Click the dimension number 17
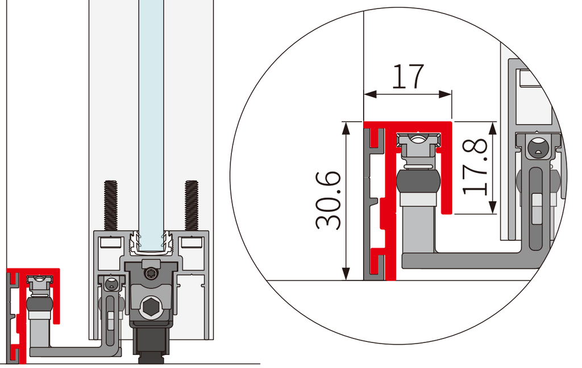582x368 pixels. [408, 77]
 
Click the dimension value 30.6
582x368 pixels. [328, 200]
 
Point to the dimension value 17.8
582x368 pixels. [475, 166]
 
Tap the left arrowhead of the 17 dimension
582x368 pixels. [370, 95]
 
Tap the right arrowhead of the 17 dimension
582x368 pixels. [445, 95]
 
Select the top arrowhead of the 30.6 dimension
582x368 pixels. [346, 128]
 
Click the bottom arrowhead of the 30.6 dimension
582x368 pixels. [346, 273]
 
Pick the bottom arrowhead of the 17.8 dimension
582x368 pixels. [493, 207]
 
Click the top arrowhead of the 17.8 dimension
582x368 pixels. [493, 128]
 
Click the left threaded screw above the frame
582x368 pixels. [111, 206]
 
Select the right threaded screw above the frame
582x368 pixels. [192, 206]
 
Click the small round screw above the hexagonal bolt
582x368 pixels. [150, 274]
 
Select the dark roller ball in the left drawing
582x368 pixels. [39, 305]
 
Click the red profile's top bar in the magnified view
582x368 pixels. [408, 126]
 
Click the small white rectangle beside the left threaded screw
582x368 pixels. [111, 242]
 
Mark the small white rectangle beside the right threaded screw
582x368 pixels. [192, 242]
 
